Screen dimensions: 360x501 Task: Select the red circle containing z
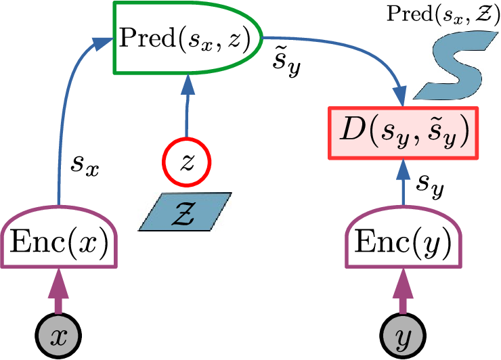tap(186, 162)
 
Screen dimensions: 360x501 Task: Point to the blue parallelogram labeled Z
tap(185, 211)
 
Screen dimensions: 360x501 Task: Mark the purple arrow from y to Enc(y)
tap(405, 293)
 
